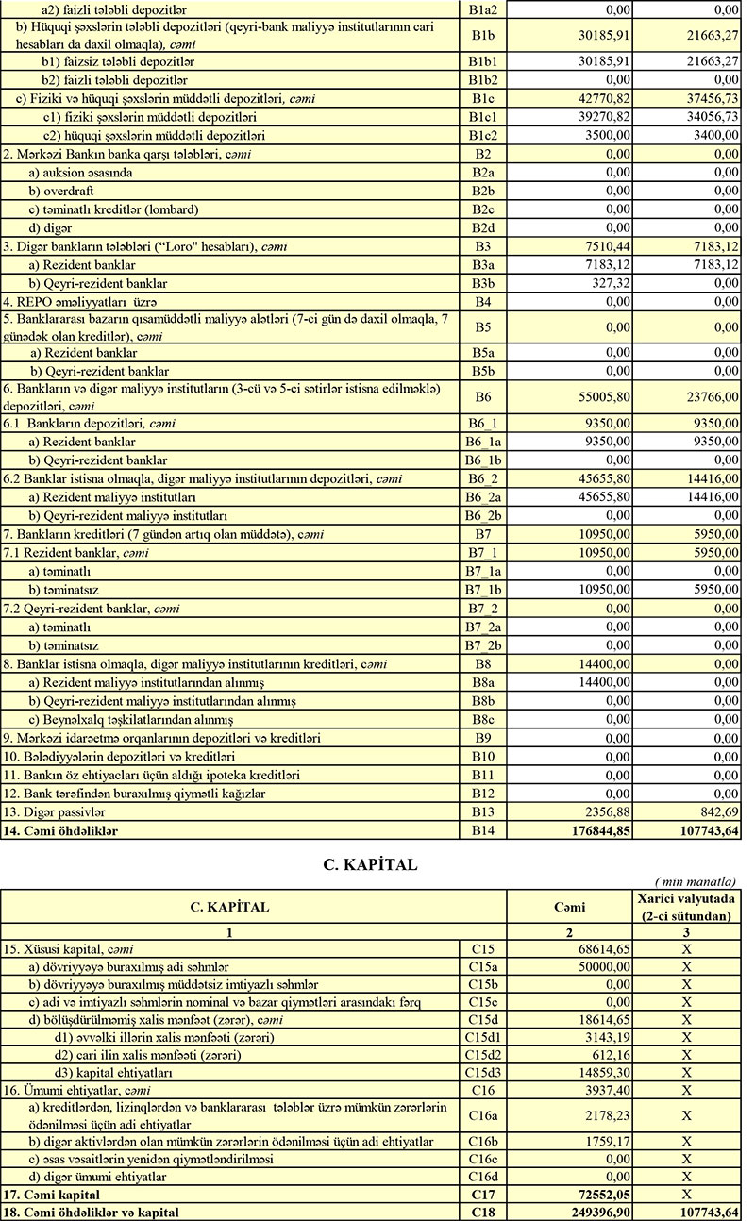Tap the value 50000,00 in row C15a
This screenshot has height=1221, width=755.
[x=600, y=965]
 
